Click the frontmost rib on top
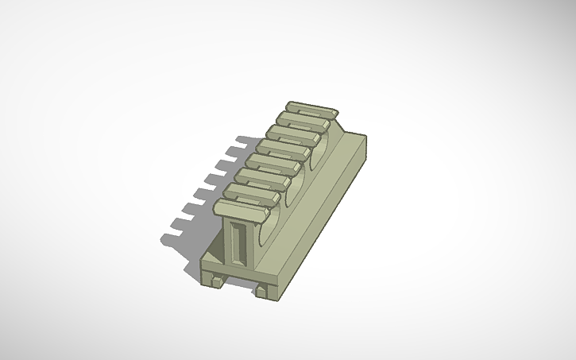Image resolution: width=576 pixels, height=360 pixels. pyautogui.click(x=238, y=209)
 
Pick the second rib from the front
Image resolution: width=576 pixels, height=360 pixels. pyautogui.click(x=252, y=193)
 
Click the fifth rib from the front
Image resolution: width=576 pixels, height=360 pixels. pyautogui.click(x=284, y=149)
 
